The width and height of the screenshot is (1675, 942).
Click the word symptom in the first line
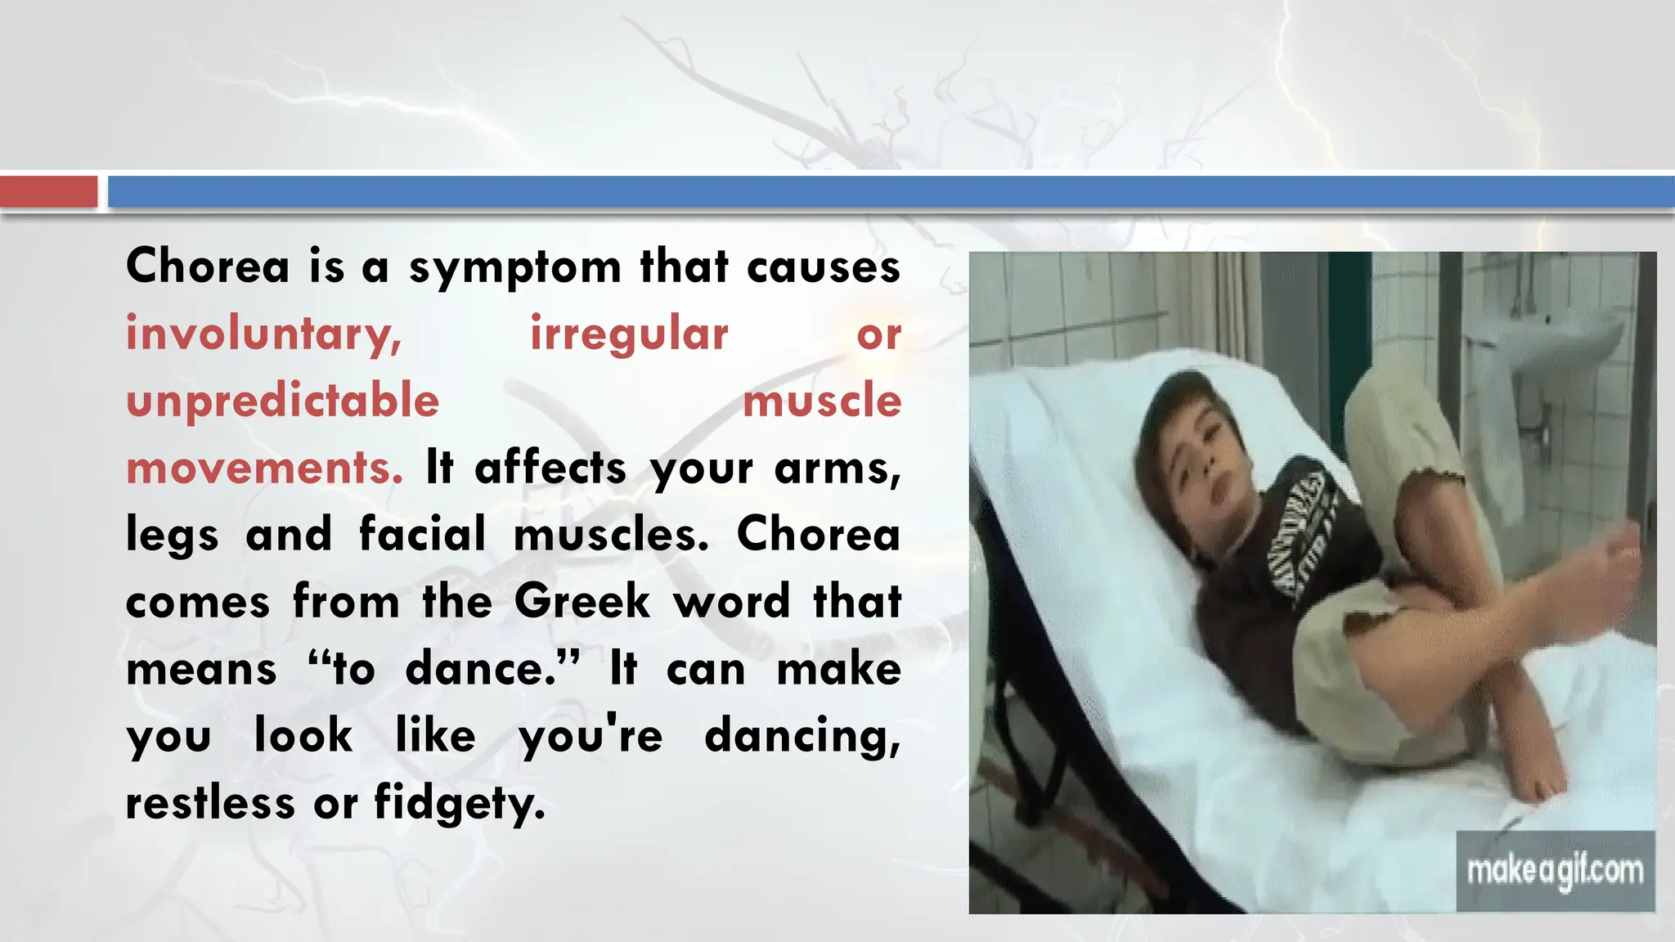tap(514, 268)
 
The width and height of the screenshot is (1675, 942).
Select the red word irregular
tap(629, 334)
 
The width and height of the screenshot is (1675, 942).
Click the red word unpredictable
tap(283, 401)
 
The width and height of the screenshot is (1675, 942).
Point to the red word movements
tap(264, 469)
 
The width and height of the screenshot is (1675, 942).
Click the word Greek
tap(582, 602)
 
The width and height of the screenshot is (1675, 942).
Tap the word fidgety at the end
tap(459, 804)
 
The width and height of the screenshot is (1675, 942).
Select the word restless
tap(210, 803)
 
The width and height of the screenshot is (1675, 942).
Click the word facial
tap(422, 535)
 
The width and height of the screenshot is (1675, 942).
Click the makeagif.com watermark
tap(1555, 871)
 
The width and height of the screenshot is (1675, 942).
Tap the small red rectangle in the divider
tap(48, 192)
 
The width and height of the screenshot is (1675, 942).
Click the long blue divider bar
tap(891, 192)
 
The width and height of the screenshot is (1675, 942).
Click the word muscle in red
tap(821, 401)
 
